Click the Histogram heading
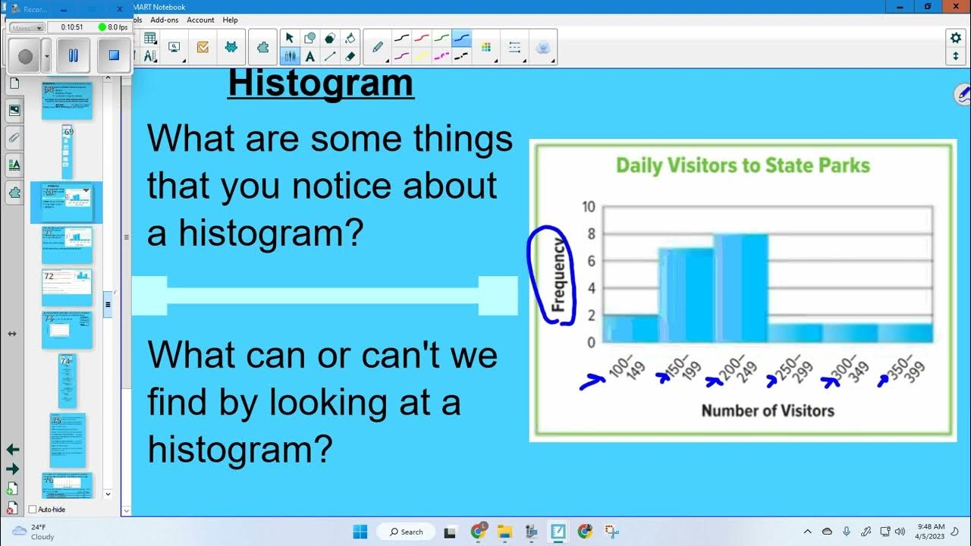pos(321,83)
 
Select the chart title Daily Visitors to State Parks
pos(742,165)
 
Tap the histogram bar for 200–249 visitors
pos(740,288)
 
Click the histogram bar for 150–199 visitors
pos(686,295)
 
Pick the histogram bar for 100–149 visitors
pos(631,328)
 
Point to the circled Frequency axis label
pos(558,275)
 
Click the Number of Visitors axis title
pos(767,410)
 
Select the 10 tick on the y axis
pos(588,207)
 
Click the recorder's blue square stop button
pos(114,55)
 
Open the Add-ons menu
pos(165,20)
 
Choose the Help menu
pos(230,20)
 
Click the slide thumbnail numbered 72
pos(67,287)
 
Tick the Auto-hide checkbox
pos(33,510)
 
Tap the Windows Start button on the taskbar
pos(360,532)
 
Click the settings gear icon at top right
pos(955,38)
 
